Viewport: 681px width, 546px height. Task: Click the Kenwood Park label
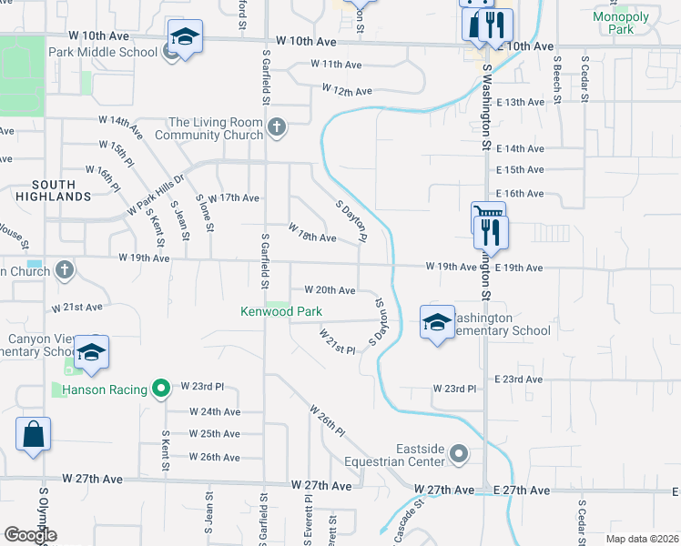point(281,311)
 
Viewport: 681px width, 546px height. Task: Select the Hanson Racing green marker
point(161,389)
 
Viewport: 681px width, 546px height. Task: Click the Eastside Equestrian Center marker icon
point(459,452)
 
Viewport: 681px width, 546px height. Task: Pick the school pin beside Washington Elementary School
point(437,323)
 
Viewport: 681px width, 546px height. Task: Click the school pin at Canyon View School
point(91,353)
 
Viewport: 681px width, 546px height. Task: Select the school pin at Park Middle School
point(185,38)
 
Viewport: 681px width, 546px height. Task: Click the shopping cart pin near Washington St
point(488,218)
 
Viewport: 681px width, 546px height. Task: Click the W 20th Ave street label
point(329,290)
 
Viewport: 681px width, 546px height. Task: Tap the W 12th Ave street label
point(347,91)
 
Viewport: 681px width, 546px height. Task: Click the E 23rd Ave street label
point(519,379)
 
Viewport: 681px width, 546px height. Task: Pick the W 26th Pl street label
point(328,420)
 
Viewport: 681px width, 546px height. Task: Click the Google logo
point(31,535)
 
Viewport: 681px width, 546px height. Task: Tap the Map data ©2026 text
point(641,539)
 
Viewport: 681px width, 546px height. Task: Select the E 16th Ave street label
point(520,194)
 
